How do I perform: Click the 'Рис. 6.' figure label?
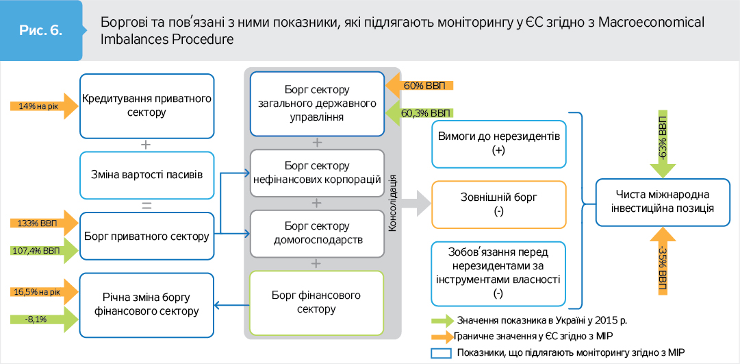click(x=42, y=32)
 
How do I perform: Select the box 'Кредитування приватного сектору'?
click(x=146, y=105)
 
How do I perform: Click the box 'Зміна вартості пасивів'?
click(x=146, y=174)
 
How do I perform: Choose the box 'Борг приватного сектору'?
click(x=146, y=236)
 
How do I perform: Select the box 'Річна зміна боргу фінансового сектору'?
click(x=146, y=304)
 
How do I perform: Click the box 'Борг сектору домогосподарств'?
click(x=317, y=233)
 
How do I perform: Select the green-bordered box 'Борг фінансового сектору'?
click(x=317, y=302)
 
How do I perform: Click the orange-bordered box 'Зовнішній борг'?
click(x=498, y=204)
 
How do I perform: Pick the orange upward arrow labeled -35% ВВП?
click(x=662, y=262)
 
